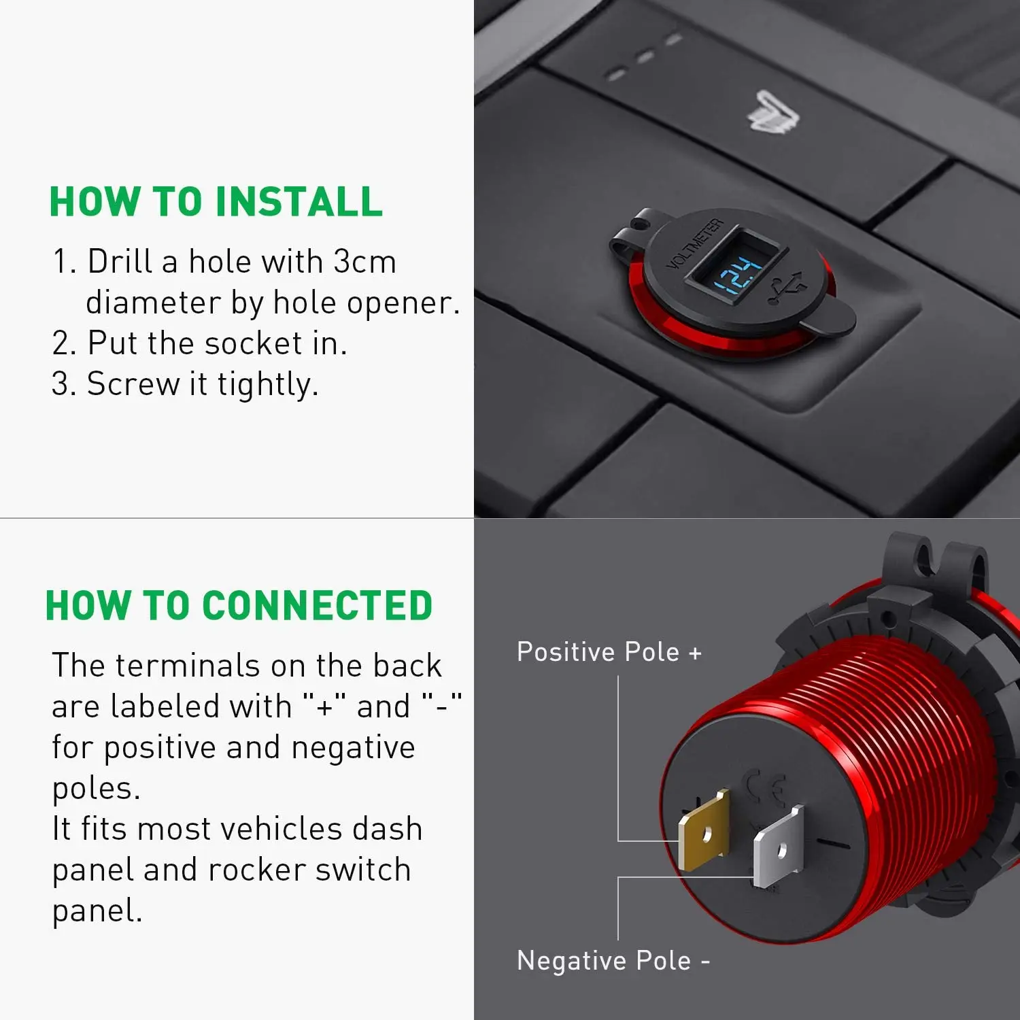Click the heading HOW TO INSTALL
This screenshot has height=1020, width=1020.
[216, 202]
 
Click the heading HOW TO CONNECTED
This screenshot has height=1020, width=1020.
[239, 606]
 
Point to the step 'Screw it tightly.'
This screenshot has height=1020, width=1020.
[202, 384]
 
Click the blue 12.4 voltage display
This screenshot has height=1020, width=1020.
[739, 275]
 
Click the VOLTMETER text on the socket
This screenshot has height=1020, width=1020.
[694, 244]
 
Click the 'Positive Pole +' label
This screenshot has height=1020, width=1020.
[609, 652]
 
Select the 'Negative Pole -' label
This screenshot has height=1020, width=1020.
[613, 961]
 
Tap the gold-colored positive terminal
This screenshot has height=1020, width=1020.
[704, 830]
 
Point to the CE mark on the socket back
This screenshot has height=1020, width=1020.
[766, 787]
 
